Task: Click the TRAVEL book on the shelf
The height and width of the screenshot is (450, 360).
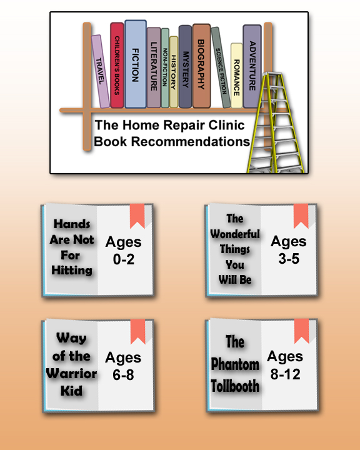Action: click(100, 71)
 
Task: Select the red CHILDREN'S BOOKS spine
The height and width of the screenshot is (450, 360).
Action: click(117, 66)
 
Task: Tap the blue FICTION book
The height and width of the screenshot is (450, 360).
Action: click(136, 64)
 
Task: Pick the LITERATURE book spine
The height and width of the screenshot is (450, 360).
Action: click(154, 67)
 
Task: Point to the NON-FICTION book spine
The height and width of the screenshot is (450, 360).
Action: click(165, 68)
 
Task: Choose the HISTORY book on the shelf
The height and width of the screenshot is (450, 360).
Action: click(173, 72)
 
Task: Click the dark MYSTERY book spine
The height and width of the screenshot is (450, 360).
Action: click(185, 67)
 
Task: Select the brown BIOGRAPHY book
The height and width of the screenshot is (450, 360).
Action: click(201, 66)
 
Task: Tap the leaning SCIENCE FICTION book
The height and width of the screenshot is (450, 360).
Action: click(221, 67)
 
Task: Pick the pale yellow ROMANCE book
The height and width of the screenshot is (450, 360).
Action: click(236, 76)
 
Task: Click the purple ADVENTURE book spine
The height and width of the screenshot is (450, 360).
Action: click(252, 66)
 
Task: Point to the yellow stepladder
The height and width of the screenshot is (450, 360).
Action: click(276, 123)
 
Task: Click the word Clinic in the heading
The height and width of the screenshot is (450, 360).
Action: click(226, 125)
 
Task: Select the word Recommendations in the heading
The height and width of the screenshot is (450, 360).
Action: click(191, 141)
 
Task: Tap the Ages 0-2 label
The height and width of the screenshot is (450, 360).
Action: click(124, 251)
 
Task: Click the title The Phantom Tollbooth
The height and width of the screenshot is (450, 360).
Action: click(235, 364)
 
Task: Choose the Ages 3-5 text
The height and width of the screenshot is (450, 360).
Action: click(289, 250)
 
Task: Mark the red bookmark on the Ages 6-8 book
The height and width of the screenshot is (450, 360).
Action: click(137, 331)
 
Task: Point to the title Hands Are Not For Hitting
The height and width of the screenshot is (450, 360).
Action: click(72, 247)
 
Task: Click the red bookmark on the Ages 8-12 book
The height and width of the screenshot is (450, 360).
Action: click(301, 331)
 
